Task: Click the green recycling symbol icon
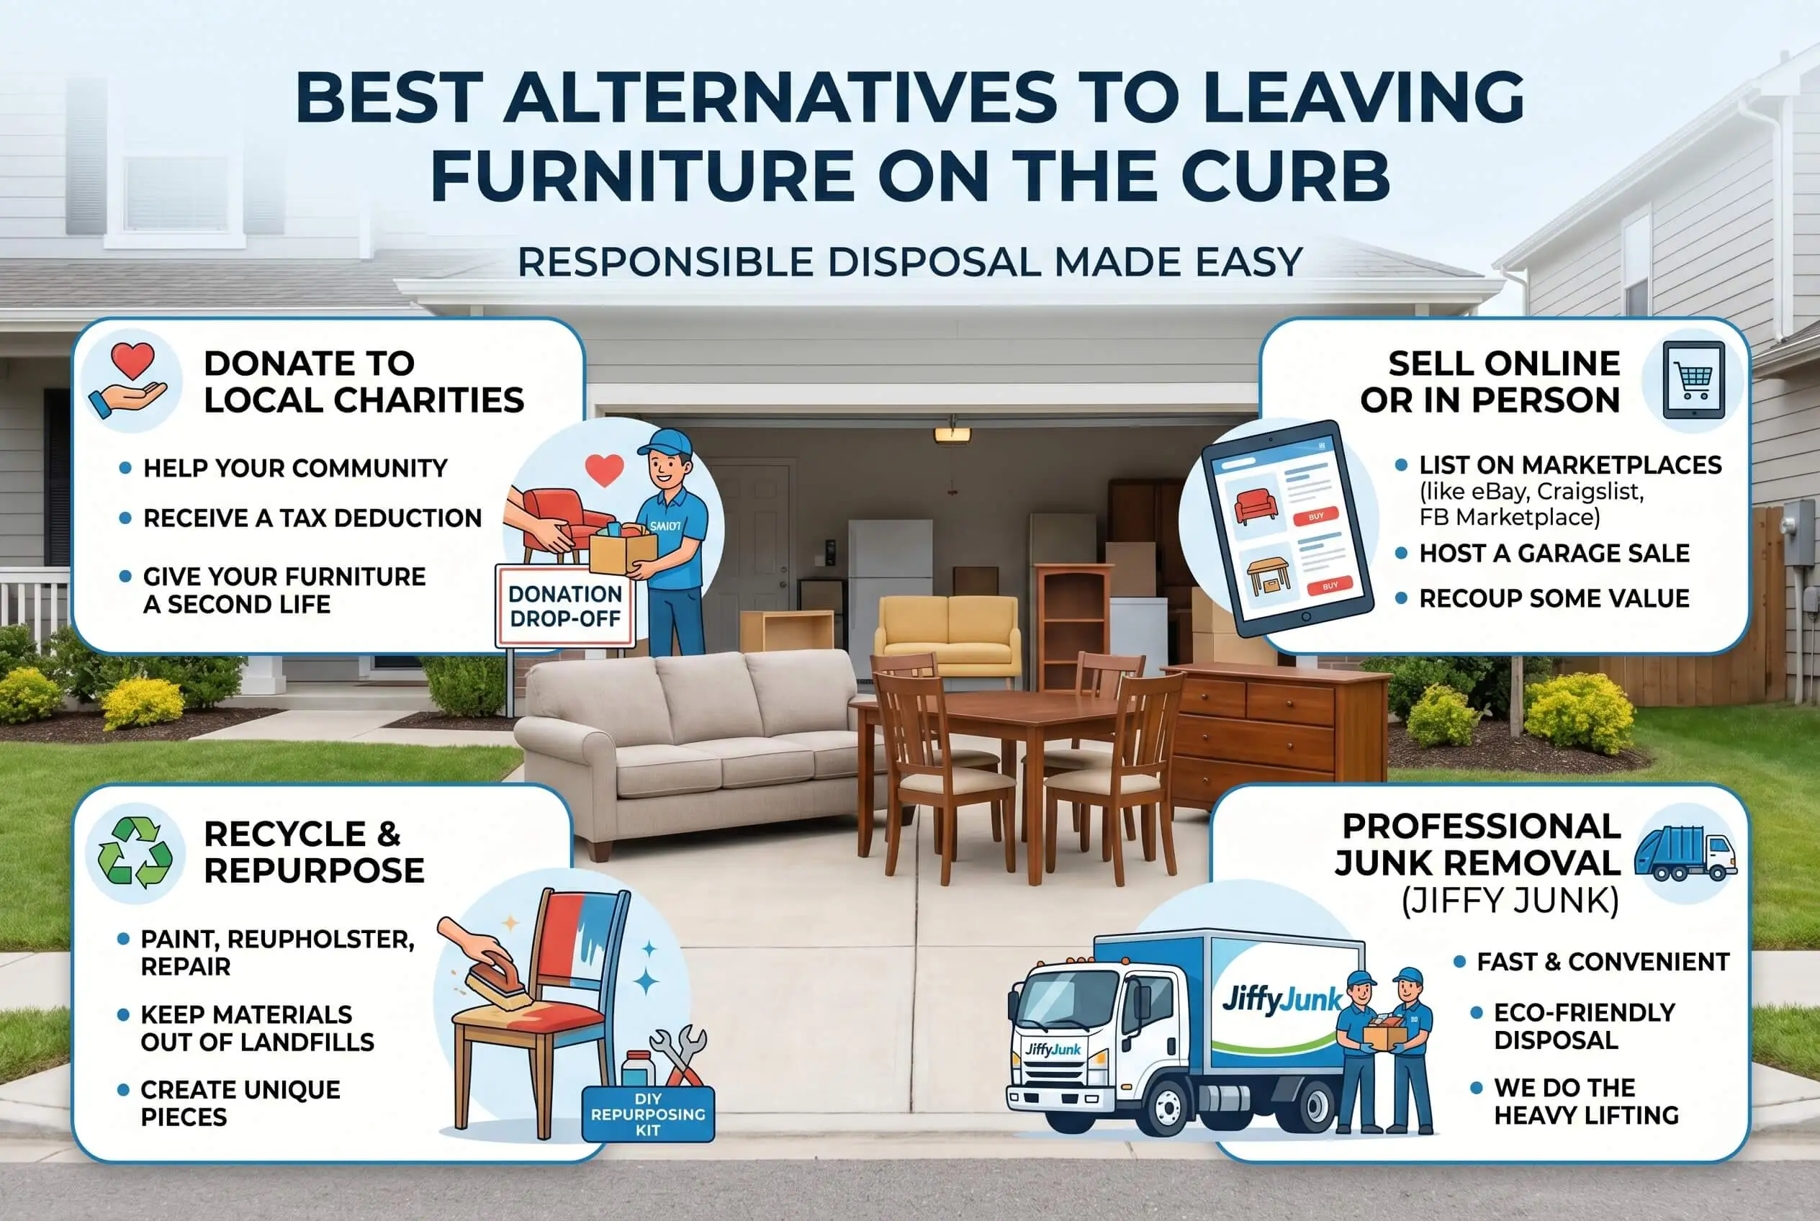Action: click(x=135, y=852)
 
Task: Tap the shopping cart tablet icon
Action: click(x=1693, y=381)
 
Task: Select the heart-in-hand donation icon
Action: click(x=130, y=382)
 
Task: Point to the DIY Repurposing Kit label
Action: click(x=648, y=1114)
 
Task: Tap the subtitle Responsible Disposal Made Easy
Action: click(x=909, y=261)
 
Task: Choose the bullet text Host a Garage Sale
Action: click(x=1554, y=553)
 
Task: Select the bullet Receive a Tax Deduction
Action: click(x=312, y=518)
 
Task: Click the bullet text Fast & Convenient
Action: click(x=1603, y=962)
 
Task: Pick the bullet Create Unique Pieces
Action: click(x=240, y=1103)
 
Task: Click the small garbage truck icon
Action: click(x=1685, y=852)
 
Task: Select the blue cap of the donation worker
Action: click(x=666, y=441)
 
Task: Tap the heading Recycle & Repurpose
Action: click(x=314, y=852)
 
